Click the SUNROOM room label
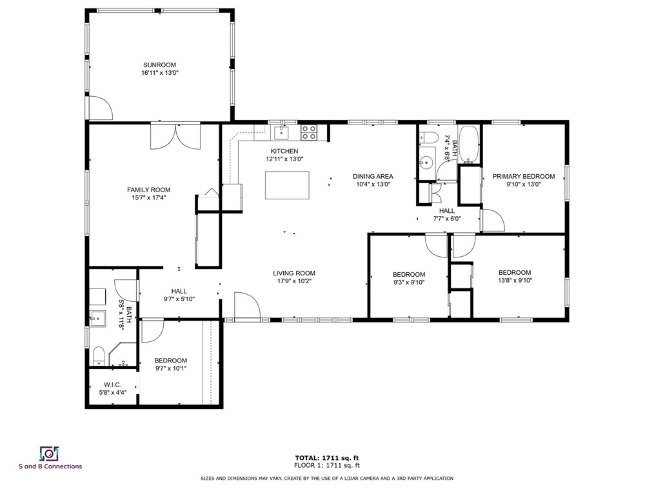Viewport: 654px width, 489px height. click(x=160, y=65)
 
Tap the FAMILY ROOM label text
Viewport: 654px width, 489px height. click(x=149, y=190)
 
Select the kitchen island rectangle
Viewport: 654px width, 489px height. click(x=288, y=185)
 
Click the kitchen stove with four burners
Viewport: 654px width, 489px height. click(x=309, y=133)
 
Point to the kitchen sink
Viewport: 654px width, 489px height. click(x=282, y=133)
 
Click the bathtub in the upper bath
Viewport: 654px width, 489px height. click(x=469, y=145)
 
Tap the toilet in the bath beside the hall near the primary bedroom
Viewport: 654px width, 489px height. click(x=427, y=137)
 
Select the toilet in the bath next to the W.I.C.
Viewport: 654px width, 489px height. click(x=99, y=355)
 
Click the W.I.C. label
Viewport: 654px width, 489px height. click(x=113, y=384)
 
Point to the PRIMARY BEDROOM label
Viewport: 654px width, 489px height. click(x=524, y=177)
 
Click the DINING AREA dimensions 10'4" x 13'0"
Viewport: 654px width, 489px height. click(x=373, y=184)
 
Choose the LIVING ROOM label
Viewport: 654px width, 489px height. click(x=294, y=274)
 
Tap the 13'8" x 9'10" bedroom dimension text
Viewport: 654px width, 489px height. click(x=515, y=281)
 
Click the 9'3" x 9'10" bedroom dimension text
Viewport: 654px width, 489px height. click(x=409, y=282)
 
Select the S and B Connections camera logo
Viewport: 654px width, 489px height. click(x=49, y=454)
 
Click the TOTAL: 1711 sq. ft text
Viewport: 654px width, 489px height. click(x=327, y=458)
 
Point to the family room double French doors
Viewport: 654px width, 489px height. click(x=175, y=136)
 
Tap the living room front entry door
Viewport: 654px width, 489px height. click(x=248, y=306)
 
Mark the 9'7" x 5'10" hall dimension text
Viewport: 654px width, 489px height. click(x=179, y=299)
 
